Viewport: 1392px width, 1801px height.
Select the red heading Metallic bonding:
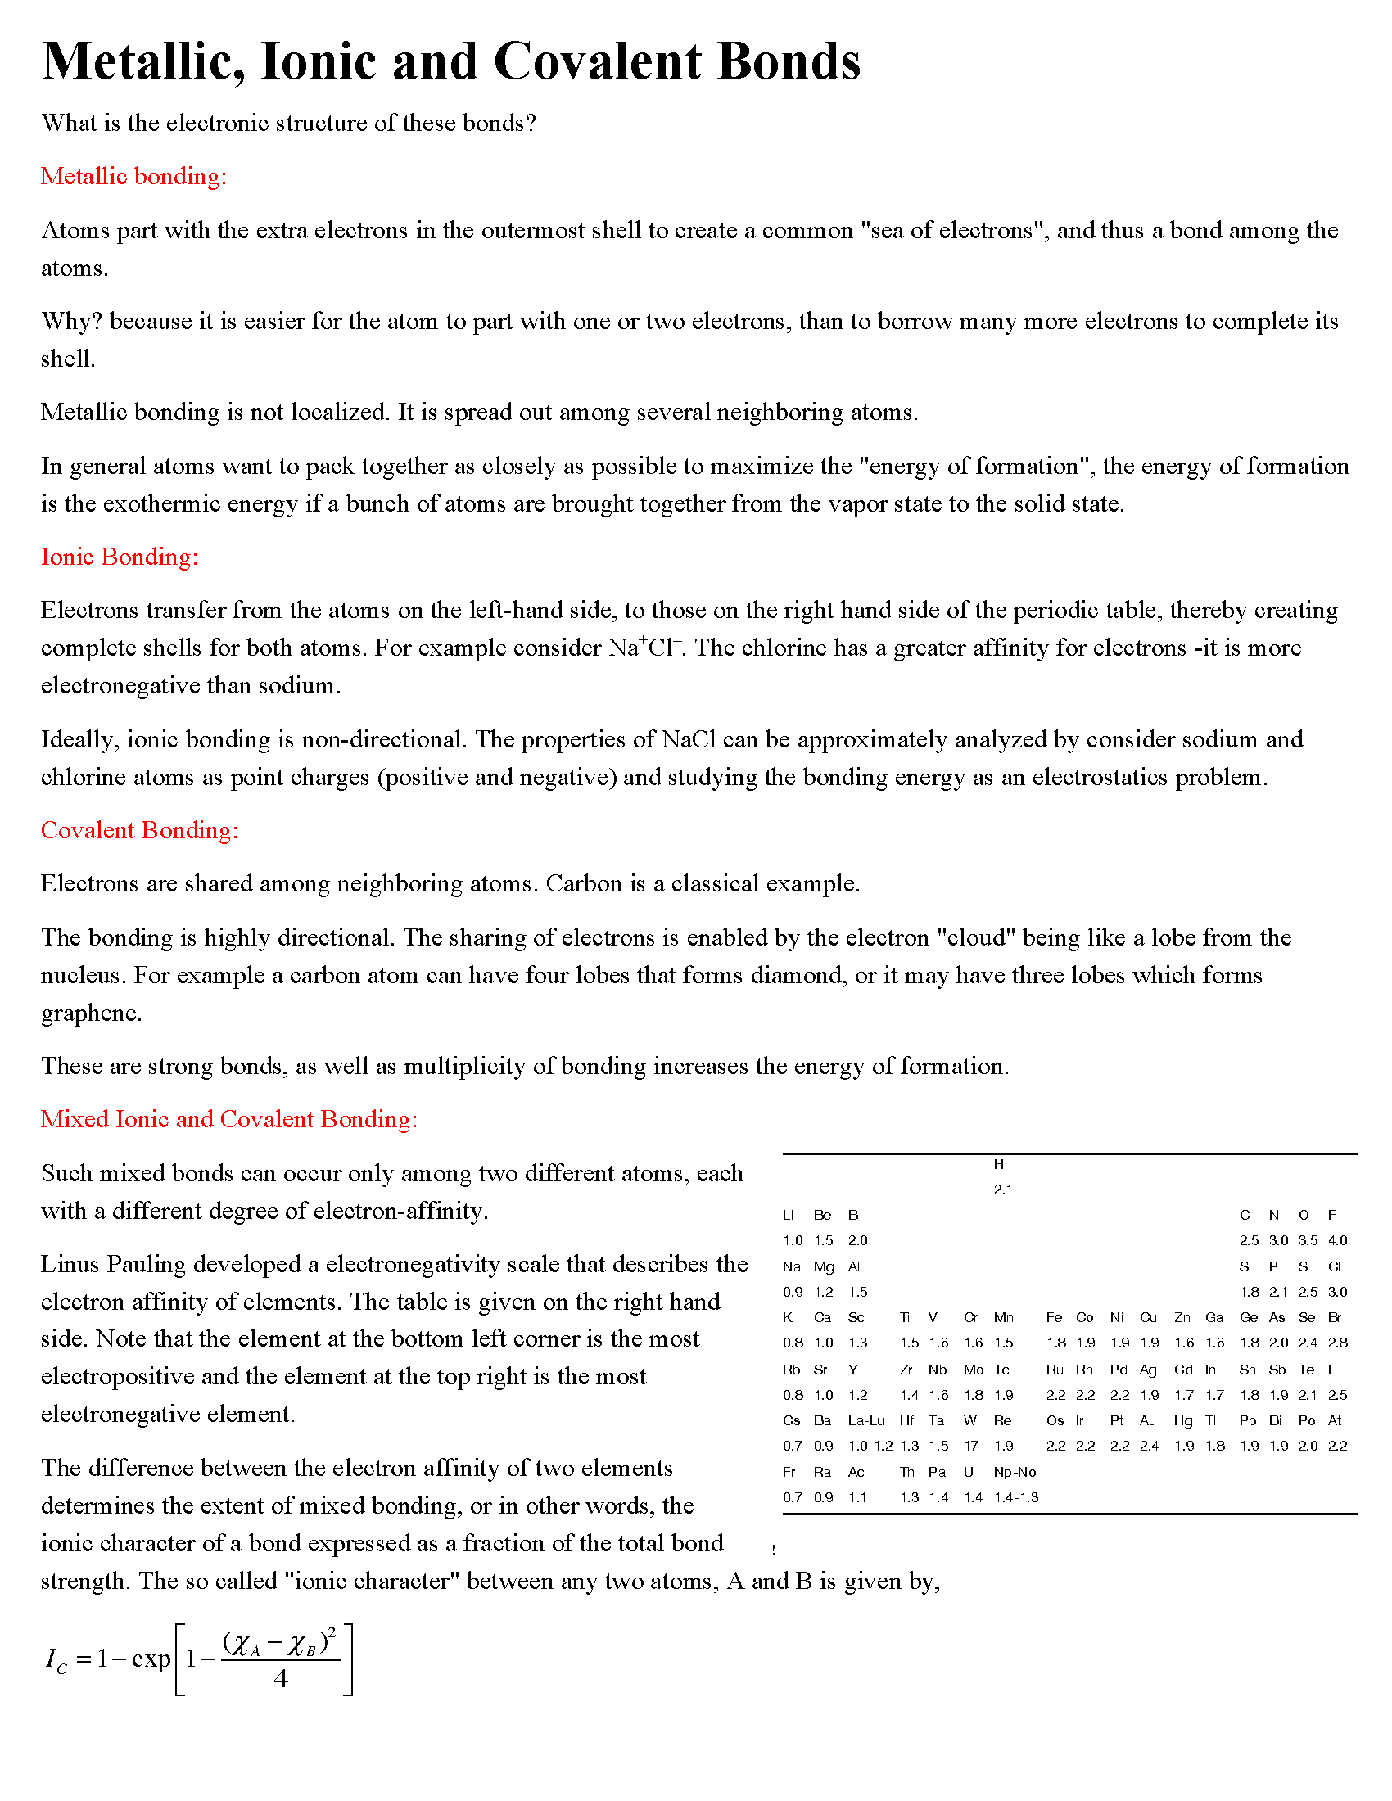pos(133,177)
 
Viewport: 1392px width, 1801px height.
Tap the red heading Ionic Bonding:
pos(120,557)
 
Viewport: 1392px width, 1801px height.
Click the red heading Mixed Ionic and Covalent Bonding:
pos(229,1119)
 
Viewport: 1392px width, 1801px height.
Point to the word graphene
pos(91,1013)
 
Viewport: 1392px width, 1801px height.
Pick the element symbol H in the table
pos(999,1164)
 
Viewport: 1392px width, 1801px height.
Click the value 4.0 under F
pos(1338,1240)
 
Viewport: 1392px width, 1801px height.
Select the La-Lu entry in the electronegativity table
pos(865,1420)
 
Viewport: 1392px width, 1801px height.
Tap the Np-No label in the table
pos(1015,1472)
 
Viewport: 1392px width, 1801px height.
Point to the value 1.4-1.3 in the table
pos(1016,1497)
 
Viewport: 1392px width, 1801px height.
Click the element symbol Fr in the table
pos(789,1472)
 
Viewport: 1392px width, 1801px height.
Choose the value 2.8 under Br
pos(1338,1343)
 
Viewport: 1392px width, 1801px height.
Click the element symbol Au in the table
pos(1148,1420)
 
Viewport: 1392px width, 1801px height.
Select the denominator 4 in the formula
pos(281,1679)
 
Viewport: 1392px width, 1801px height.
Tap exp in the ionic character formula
pos(151,1659)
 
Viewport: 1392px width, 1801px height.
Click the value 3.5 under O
pos(1308,1240)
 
